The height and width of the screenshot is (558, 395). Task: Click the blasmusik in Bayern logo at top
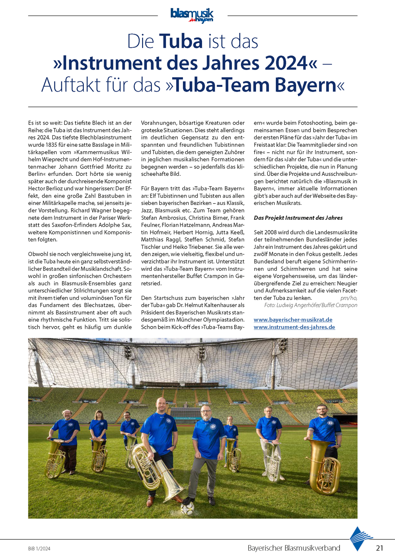coord(192,16)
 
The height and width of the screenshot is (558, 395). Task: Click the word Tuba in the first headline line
coord(181,41)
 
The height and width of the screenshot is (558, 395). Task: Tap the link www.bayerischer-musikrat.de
coord(293,320)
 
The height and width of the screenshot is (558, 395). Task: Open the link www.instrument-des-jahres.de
coord(294,327)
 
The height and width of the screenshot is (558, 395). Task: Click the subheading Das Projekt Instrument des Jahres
coord(298,218)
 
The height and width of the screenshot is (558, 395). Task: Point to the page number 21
coord(379,548)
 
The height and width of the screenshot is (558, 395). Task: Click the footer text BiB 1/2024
coord(39,549)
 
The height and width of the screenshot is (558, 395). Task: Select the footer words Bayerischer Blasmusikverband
coord(294,548)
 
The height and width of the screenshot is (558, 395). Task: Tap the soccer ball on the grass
coord(187,508)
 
